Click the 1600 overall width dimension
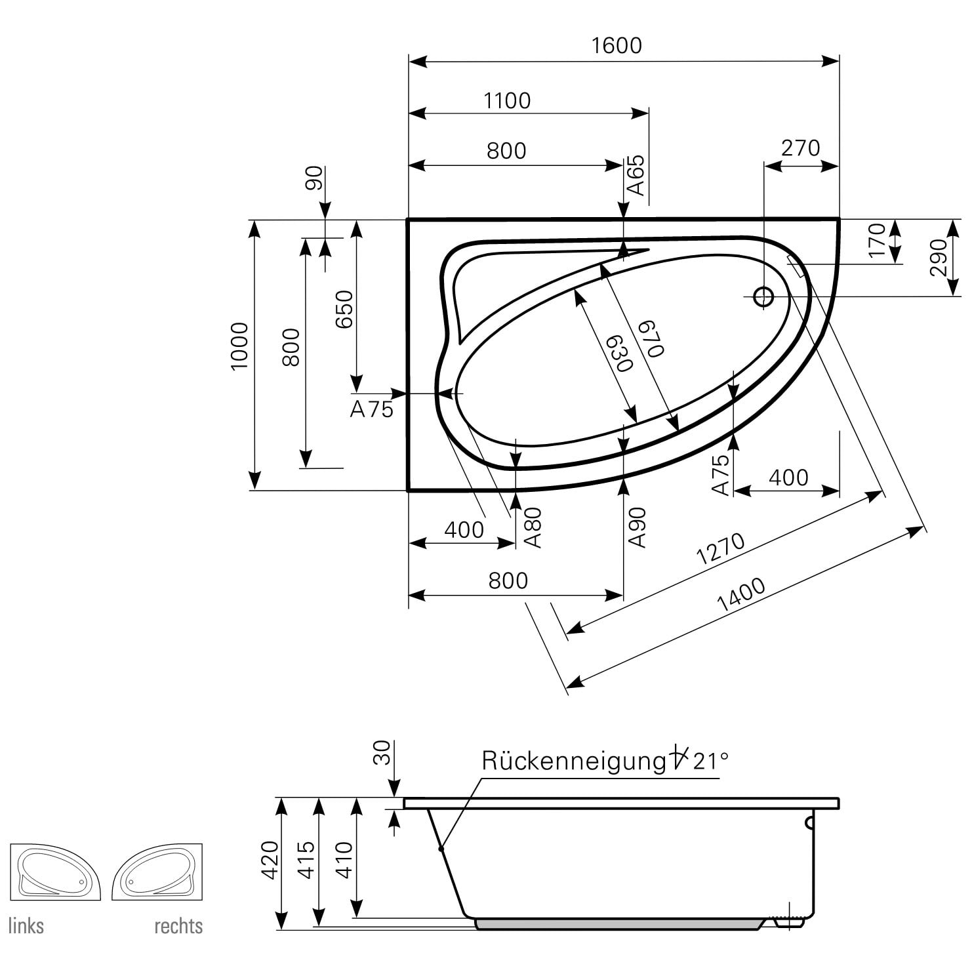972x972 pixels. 616,45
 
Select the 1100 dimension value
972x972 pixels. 506,100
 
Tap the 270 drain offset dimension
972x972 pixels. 800,148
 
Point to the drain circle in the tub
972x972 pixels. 763,296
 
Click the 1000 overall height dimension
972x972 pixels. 239,346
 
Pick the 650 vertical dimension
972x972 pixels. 344,309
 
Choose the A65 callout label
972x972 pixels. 636,176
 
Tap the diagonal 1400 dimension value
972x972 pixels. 742,595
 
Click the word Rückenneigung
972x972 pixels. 573,761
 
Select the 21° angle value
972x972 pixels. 710,761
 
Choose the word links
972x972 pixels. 26,925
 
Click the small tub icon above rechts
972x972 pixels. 157,872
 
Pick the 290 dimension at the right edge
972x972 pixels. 939,257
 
